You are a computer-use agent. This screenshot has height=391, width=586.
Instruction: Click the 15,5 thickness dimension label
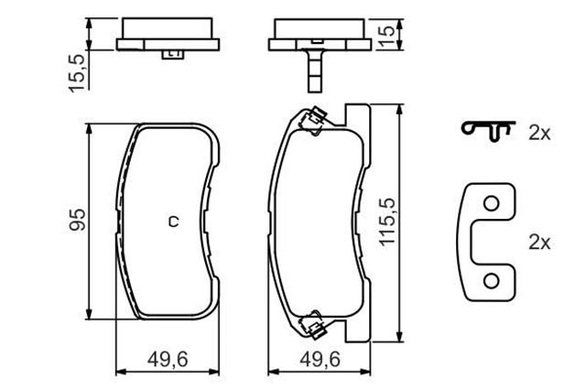click(x=78, y=71)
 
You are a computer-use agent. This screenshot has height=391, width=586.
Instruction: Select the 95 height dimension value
click(x=78, y=220)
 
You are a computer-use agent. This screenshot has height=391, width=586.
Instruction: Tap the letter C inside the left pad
click(x=172, y=221)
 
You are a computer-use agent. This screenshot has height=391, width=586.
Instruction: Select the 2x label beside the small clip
click(x=538, y=134)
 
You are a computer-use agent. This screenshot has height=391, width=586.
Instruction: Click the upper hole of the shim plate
click(x=492, y=204)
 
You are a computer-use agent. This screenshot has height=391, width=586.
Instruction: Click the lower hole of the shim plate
click(x=492, y=279)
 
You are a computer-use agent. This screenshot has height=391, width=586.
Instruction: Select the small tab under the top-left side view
click(x=172, y=56)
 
